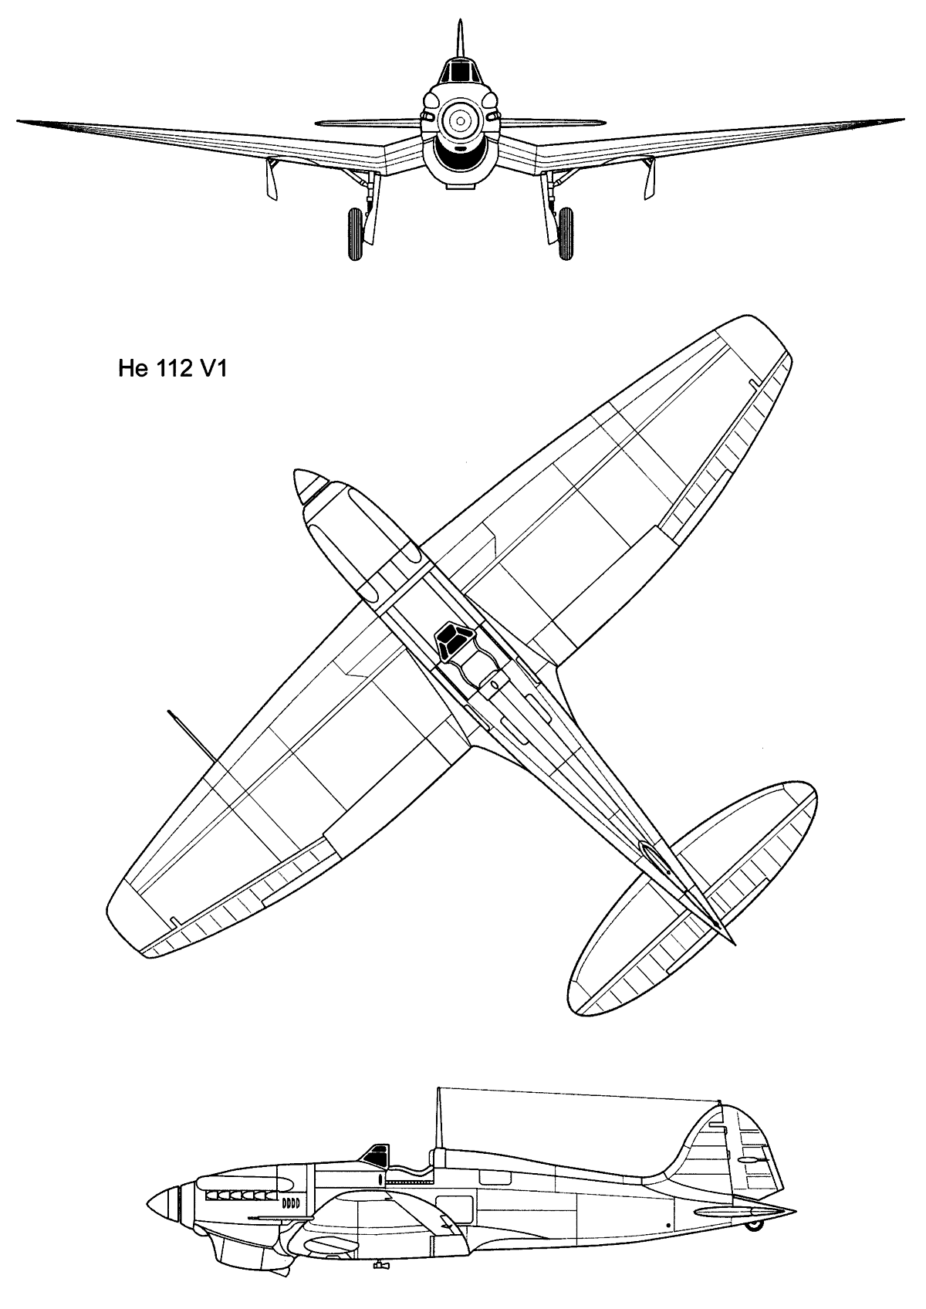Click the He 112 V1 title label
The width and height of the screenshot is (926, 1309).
tap(172, 370)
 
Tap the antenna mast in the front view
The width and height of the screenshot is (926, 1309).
tap(460, 39)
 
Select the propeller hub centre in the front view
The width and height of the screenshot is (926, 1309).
tap(461, 122)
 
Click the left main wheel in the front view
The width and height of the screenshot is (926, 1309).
tap(355, 234)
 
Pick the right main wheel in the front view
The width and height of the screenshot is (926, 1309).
tap(566, 234)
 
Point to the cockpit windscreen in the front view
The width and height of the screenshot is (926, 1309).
tap(460, 73)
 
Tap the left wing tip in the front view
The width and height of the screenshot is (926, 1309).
tap(19, 121)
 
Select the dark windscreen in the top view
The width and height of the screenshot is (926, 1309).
tap(452, 641)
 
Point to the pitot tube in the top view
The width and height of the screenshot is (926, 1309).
tap(193, 736)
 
